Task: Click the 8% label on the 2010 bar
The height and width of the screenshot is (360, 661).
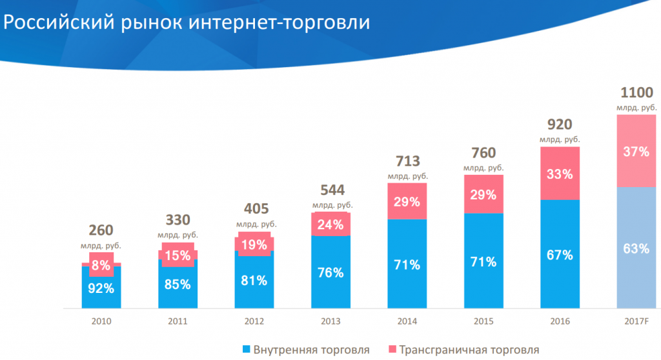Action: (x=101, y=265)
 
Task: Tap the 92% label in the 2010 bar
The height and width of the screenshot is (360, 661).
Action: (x=101, y=288)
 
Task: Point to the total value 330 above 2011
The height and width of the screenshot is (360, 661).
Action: (x=178, y=220)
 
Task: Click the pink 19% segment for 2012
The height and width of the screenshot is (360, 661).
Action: (x=254, y=244)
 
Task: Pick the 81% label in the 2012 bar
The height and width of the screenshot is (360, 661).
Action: (x=254, y=281)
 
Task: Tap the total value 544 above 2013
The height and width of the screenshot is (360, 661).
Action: (x=332, y=190)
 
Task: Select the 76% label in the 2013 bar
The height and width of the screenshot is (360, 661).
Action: (x=330, y=273)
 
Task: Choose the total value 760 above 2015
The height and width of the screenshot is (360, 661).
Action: (x=483, y=153)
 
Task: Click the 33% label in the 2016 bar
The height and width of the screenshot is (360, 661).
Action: (x=560, y=174)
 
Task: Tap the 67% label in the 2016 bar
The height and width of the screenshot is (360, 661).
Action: (x=560, y=255)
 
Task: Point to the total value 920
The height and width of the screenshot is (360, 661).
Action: (x=560, y=125)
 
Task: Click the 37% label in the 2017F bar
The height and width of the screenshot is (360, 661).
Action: (x=636, y=152)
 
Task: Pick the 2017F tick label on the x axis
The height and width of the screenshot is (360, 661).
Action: (x=636, y=320)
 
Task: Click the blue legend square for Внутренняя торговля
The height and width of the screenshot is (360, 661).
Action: (x=246, y=350)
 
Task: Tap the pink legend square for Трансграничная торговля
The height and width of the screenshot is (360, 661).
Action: (x=392, y=350)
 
